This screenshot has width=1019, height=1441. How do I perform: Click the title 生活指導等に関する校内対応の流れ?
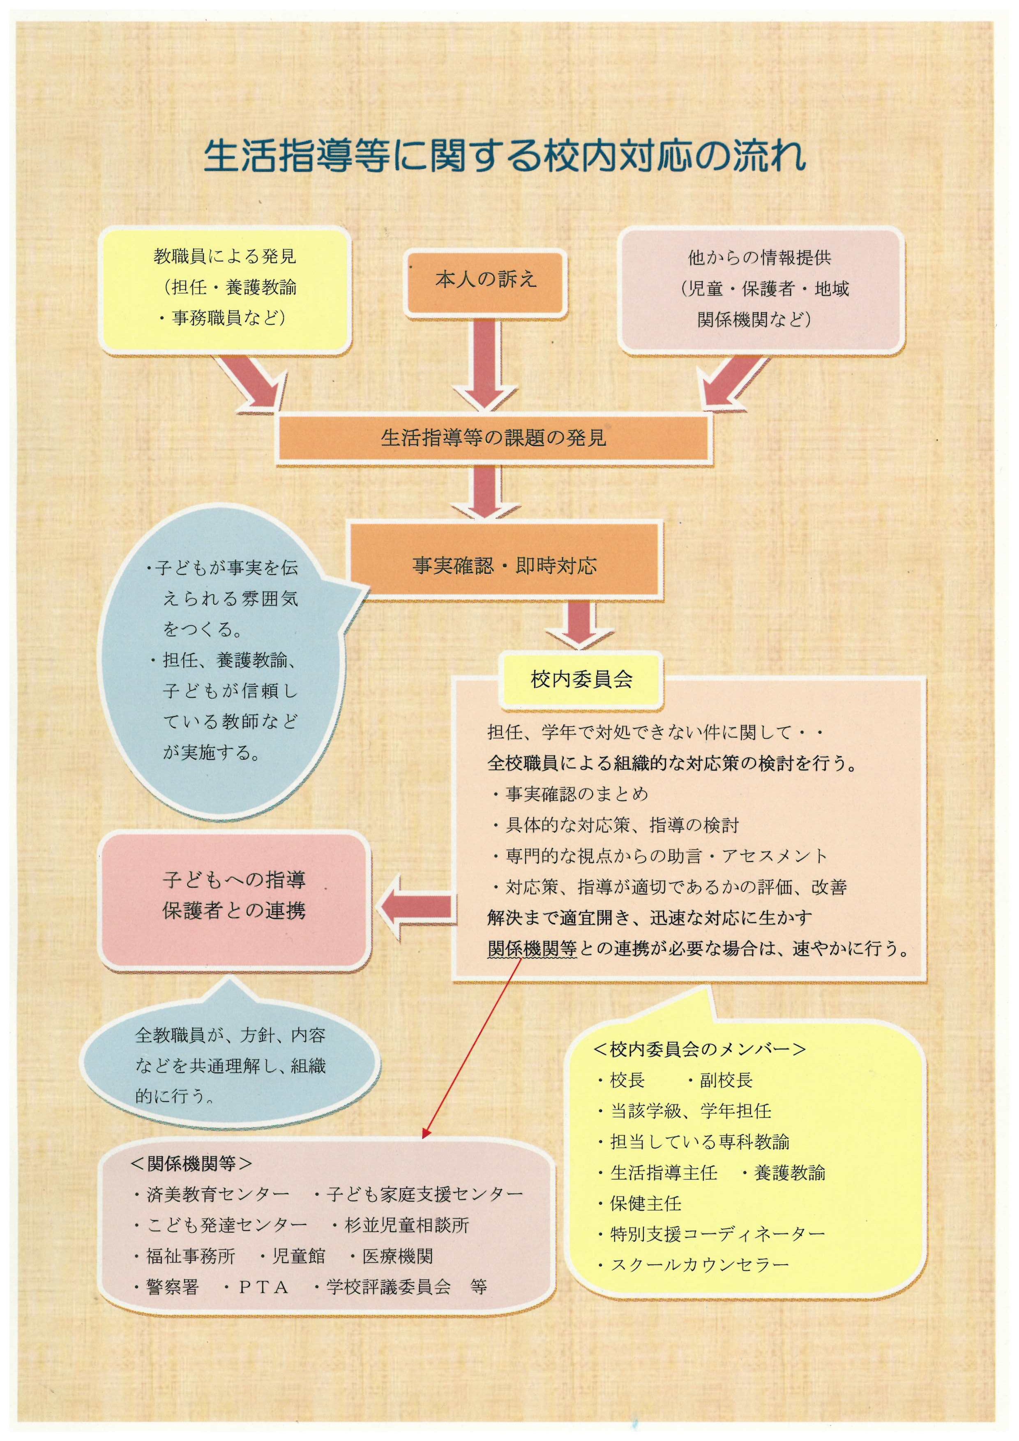(x=505, y=156)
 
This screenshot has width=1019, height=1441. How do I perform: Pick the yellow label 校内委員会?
(x=581, y=679)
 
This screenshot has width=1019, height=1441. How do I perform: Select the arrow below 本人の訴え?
(x=486, y=364)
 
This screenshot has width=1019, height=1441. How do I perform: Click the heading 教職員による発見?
(x=225, y=257)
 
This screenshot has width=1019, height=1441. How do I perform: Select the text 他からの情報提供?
(x=759, y=258)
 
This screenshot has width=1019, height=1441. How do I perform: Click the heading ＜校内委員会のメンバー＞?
(x=699, y=1049)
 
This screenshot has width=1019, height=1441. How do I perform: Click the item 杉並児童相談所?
(x=407, y=1225)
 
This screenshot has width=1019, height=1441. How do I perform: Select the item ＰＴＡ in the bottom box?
(x=263, y=1288)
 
